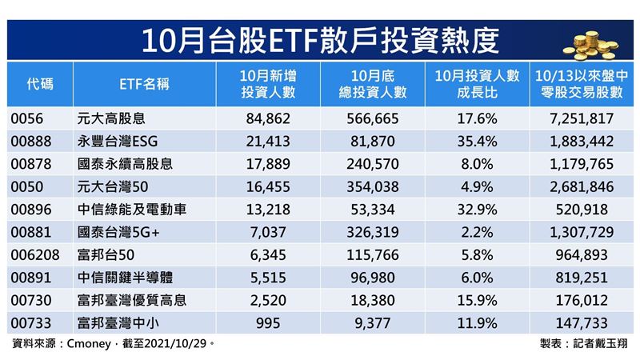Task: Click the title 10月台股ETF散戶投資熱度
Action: click(x=319, y=38)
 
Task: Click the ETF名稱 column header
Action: click(x=144, y=84)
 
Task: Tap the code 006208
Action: click(x=33, y=254)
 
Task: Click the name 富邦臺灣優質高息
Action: click(x=132, y=298)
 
